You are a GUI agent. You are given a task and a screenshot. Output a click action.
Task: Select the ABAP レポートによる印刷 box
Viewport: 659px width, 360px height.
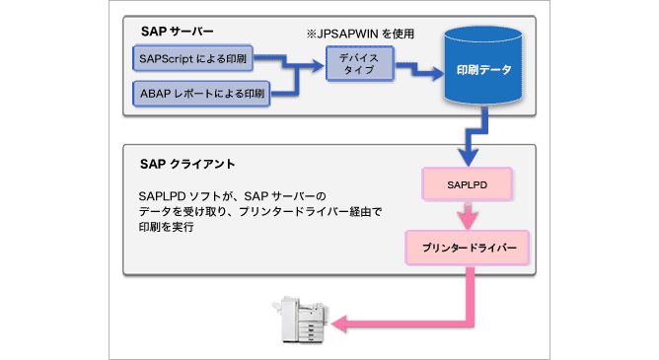click(200, 96)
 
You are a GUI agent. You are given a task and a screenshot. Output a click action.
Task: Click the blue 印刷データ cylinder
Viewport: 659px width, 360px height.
click(481, 72)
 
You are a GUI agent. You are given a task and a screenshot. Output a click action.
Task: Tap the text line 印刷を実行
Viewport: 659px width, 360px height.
click(165, 228)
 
